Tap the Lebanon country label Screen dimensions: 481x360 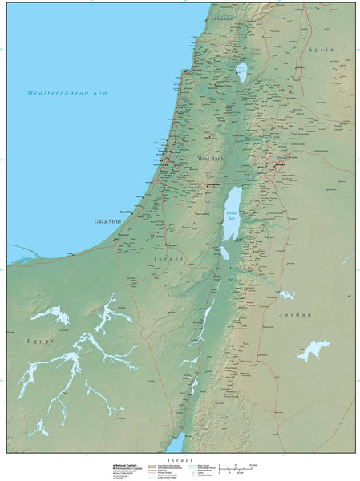point(221,18)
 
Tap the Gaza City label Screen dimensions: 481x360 point(127,211)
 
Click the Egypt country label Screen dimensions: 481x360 point(40,341)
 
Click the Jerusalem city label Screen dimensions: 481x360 point(213,184)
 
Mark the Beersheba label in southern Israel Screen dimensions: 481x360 point(171,245)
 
